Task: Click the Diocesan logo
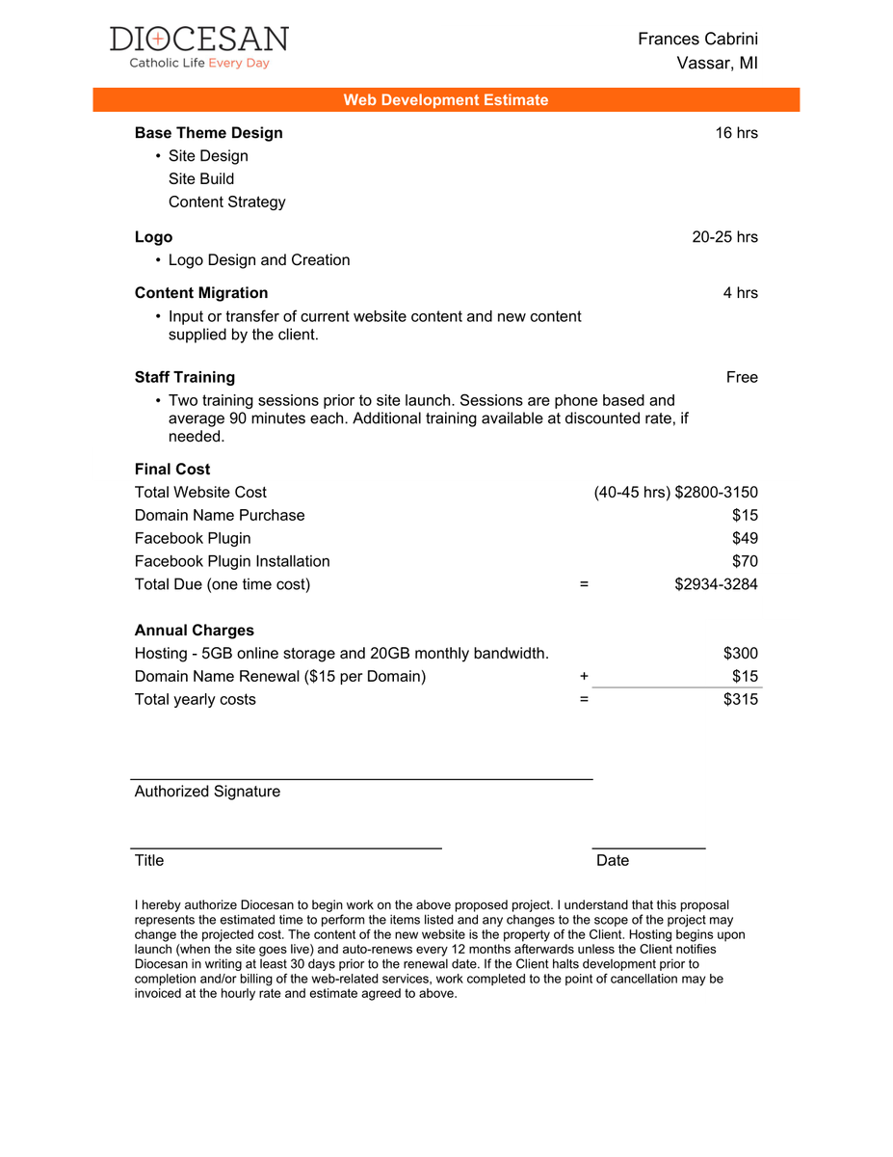point(198,47)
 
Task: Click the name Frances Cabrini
point(697,39)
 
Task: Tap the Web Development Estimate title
point(446,100)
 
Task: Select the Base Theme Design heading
point(209,133)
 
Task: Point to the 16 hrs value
point(736,133)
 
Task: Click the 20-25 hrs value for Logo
point(724,237)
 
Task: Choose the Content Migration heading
point(201,293)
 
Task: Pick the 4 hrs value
point(740,293)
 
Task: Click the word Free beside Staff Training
point(742,377)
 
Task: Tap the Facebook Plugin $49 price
point(745,538)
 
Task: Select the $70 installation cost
point(745,561)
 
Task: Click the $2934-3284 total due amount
point(716,584)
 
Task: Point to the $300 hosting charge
point(740,654)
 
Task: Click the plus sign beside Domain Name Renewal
point(584,677)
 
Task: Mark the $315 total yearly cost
point(740,700)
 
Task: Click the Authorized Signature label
point(207,792)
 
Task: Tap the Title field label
point(149,860)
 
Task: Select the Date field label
point(613,860)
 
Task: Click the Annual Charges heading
point(195,631)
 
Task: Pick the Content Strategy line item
point(227,202)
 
